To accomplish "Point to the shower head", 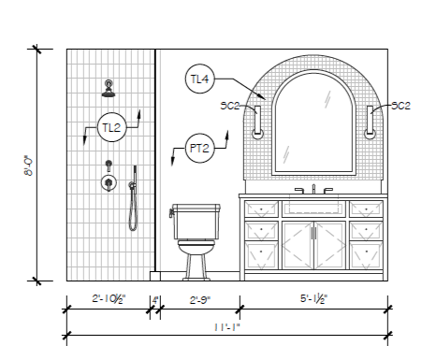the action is point(109,89).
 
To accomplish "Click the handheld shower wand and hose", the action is point(133,198).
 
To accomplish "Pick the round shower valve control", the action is point(109,182).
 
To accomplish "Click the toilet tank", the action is point(196,222).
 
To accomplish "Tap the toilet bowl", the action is point(196,247).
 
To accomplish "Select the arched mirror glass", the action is point(313,124).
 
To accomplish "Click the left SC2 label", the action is point(230,106).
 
